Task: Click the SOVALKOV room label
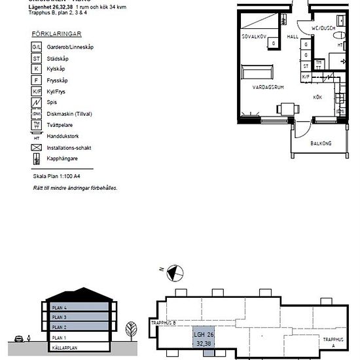[253, 37]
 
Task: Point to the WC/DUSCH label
[323, 29]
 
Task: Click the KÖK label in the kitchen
[317, 97]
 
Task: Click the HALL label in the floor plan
[293, 37]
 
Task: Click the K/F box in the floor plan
[305, 77]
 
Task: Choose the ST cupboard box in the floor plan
[305, 66]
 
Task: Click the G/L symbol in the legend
[37, 47]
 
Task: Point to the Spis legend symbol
[37, 103]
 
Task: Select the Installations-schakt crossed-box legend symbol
[37, 147]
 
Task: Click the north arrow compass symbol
[174, 270]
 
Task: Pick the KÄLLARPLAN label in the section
[65, 348]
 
